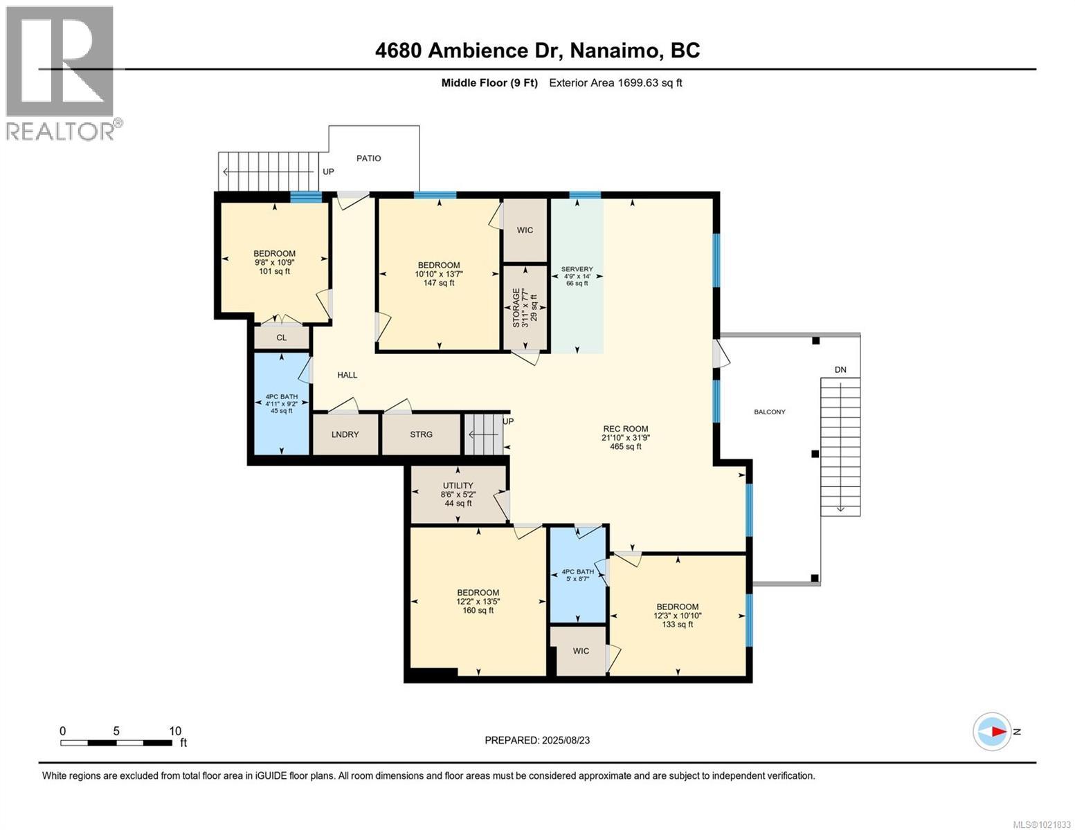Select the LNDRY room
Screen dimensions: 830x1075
coord(345,434)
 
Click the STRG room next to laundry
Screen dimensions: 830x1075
coord(421,434)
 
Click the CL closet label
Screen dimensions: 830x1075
coord(281,338)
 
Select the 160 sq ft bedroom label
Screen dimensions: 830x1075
coord(478,601)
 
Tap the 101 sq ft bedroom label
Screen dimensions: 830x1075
coord(274,262)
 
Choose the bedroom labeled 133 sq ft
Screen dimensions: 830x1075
coord(677,616)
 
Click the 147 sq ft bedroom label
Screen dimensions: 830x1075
coord(438,274)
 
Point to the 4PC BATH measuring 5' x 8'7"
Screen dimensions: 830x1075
coord(577,575)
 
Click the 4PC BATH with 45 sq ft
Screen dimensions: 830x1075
coord(281,403)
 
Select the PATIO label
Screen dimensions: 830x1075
coord(368,158)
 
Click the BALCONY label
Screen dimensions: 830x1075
coord(770,412)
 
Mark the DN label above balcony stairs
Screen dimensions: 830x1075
coord(840,370)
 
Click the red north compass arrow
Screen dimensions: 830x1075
coord(997,731)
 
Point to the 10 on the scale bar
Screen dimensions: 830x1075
coord(175,731)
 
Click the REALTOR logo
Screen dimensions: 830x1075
coord(61,73)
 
